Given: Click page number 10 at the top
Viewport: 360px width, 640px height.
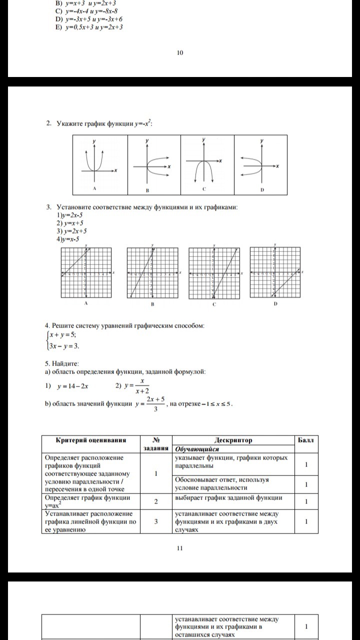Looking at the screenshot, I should click(x=180, y=53).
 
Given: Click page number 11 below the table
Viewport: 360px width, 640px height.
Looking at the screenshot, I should click(x=180, y=547).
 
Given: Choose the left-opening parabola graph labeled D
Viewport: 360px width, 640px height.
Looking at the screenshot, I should click(x=260, y=164).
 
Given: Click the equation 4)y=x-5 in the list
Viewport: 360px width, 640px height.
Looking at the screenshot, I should click(x=68, y=239).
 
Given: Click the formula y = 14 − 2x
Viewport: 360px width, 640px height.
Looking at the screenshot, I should click(x=73, y=386).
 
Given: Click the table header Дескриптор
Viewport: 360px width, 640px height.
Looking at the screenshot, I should click(x=233, y=440).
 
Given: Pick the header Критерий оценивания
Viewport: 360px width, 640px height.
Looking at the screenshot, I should click(x=90, y=440).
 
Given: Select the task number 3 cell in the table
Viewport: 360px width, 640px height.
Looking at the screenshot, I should click(x=156, y=521).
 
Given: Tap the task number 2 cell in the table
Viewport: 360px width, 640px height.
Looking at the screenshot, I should click(x=156, y=501).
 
